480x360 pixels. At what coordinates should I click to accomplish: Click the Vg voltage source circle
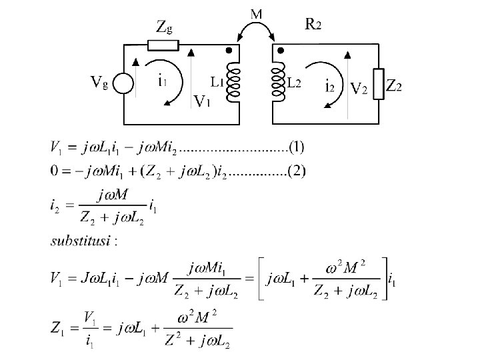[x=123, y=83]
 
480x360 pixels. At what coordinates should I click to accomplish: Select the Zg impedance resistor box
[x=162, y=45]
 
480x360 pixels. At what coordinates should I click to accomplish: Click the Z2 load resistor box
[x=379, y=84]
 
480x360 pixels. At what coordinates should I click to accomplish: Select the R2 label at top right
[x=313, y=25]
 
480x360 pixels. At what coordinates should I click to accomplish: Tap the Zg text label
[x=164, y=27]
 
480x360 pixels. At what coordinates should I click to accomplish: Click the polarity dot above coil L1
[x=229, y=51]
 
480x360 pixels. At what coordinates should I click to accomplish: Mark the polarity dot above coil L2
[x=280, y=51]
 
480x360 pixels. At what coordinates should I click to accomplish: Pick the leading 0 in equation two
[x=54, y=172]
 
